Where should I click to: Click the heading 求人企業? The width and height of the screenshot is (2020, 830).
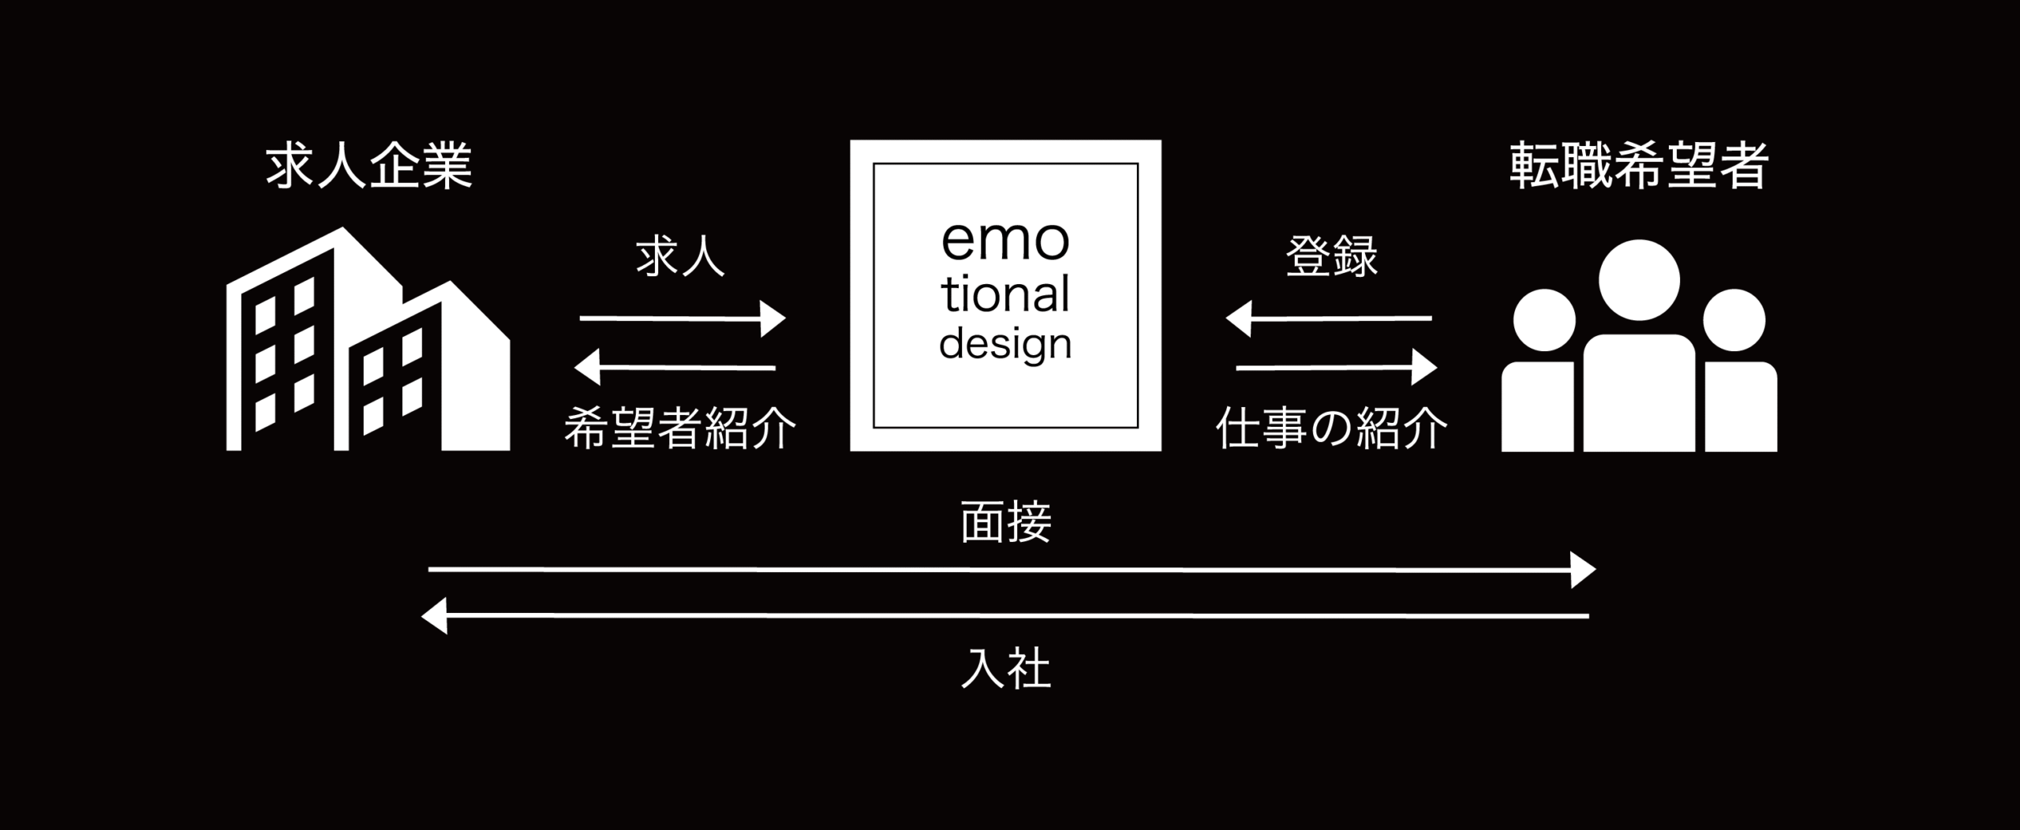pos(369,166)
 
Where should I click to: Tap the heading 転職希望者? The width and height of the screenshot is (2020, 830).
pos(1639,166)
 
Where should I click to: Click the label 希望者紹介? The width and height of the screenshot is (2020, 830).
pos(680,428)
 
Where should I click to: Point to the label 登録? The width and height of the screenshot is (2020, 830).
pos(1332,257)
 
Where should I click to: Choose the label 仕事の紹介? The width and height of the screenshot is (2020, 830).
pos(1332,428)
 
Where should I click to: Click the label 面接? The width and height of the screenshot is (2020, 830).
pos(1006,522)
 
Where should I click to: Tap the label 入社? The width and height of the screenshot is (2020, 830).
pos(1006,670)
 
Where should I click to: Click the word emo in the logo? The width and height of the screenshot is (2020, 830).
pos(1005,241)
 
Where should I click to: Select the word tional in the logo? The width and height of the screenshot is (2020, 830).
pos(1005,295)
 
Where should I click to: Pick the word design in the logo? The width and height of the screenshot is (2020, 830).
pos(1005,345)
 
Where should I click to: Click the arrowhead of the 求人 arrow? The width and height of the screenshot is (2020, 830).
pos(774,319)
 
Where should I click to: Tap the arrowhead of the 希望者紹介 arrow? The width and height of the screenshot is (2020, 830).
pos(587,368)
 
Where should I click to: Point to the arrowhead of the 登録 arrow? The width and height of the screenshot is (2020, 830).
pos(1238,319)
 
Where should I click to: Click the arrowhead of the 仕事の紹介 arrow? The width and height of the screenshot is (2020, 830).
pos(1424,368)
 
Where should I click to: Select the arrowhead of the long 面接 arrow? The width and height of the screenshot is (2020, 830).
pos(1583,570)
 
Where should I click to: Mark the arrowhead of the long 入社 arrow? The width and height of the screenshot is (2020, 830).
pos(435,616)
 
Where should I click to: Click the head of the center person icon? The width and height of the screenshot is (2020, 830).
pos(1639,280)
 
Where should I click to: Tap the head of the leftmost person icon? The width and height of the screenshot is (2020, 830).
pos(1544,320)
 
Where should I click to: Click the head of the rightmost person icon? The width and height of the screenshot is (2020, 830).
pos(1733,320)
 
